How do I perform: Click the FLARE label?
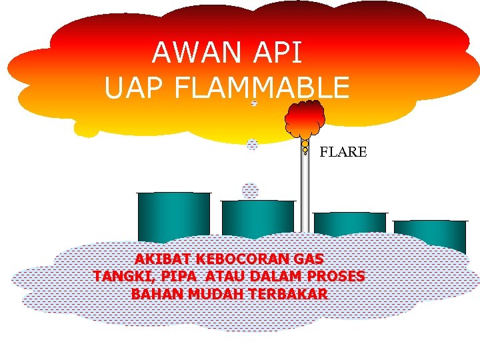[x=343, y=152]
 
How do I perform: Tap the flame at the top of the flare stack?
[x=305, y=120]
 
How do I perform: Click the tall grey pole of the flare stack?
[x=305, y=193]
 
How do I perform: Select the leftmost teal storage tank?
[x=173, y=215]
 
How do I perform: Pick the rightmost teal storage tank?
[x=430, y=235]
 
